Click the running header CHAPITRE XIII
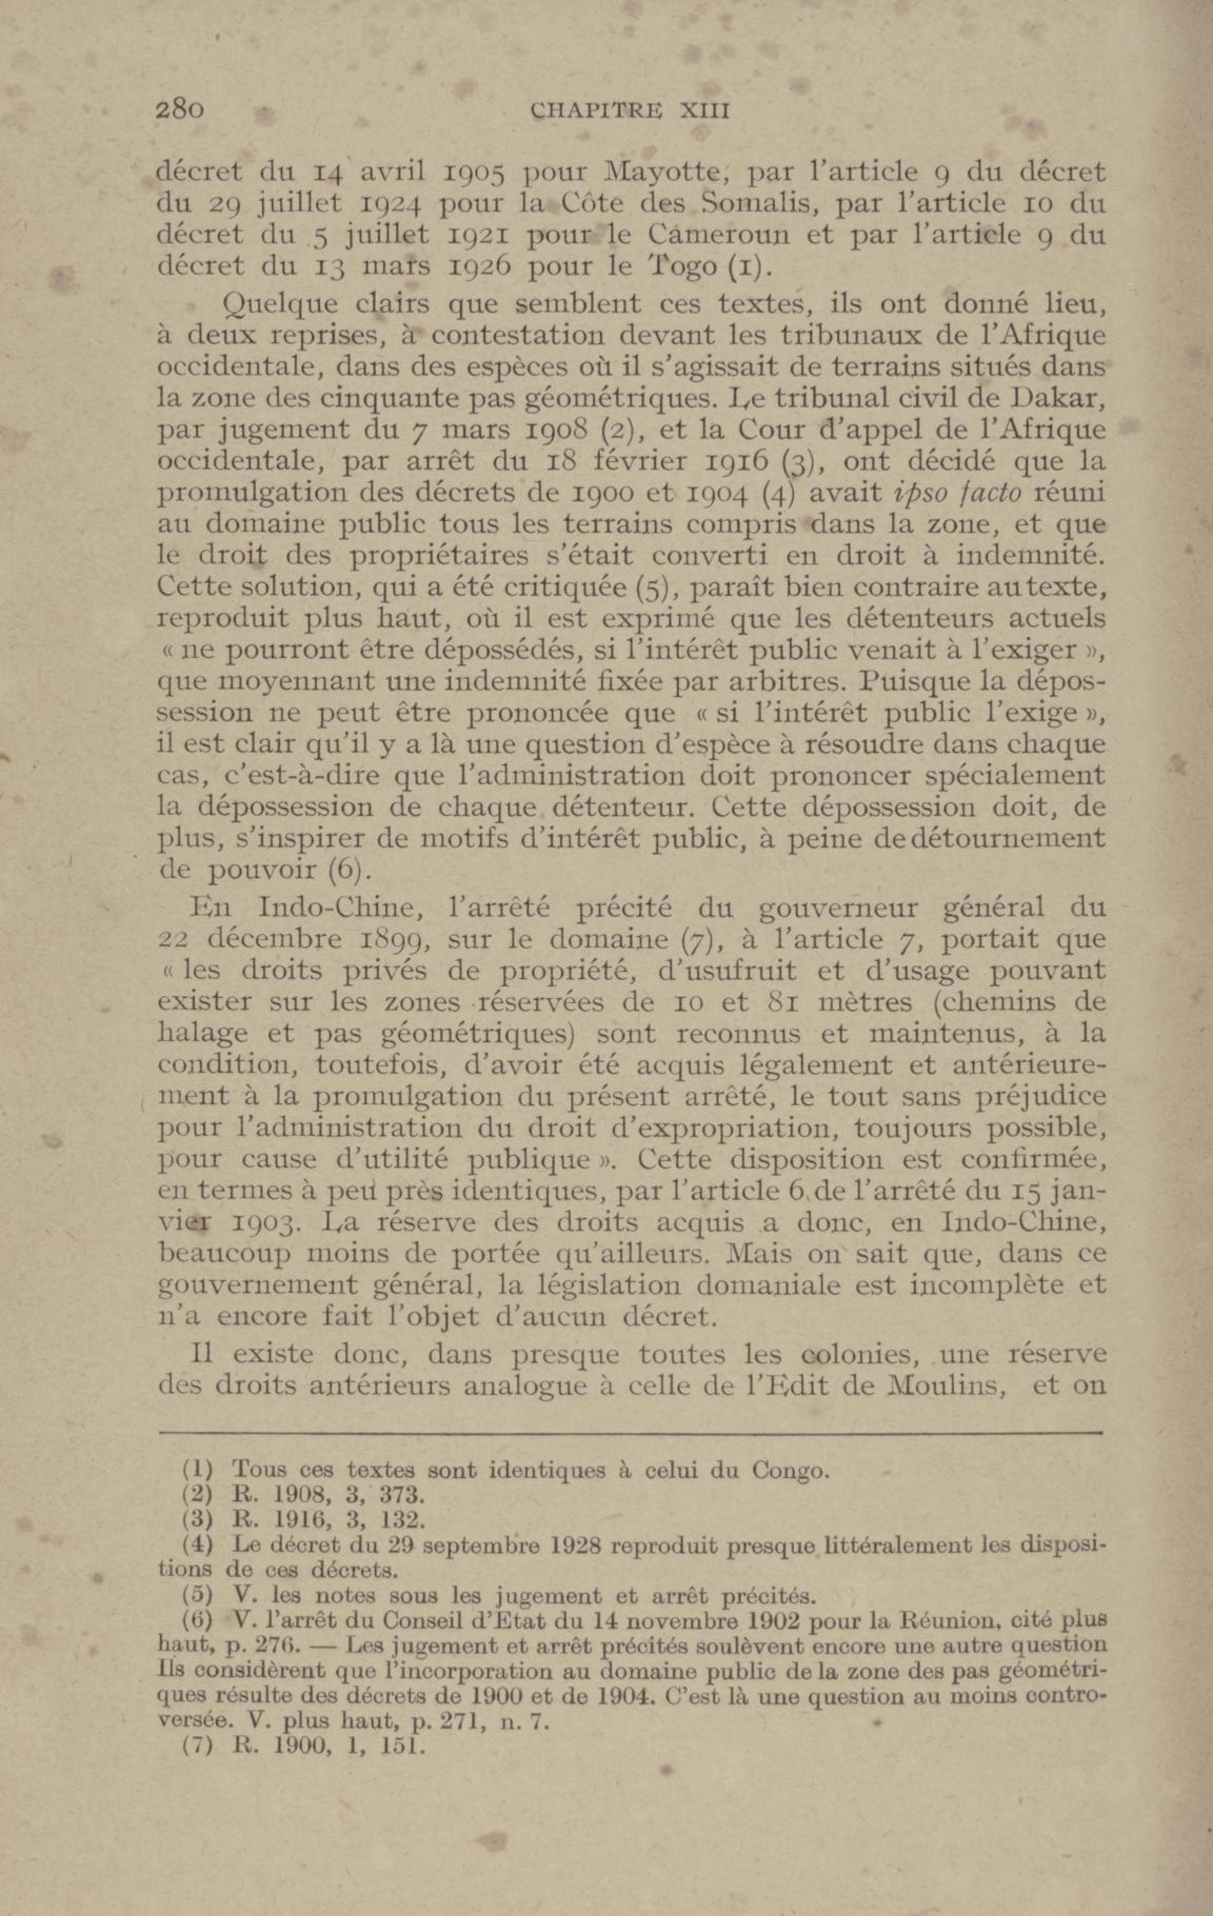[x=629, y=110]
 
